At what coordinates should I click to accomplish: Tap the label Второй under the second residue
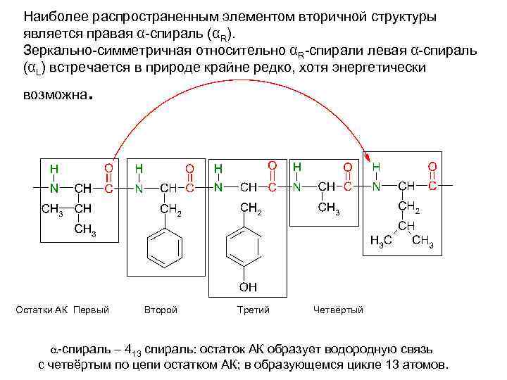click(161, 310)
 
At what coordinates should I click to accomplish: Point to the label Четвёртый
click(338, 310)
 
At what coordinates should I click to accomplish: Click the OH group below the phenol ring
click(247, 286)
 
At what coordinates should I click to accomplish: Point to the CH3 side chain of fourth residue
click(329, 208)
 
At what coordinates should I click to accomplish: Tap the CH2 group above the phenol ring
click(251, 208)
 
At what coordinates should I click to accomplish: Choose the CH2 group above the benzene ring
click(171, 210)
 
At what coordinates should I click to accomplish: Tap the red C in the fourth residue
click(347, 186)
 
